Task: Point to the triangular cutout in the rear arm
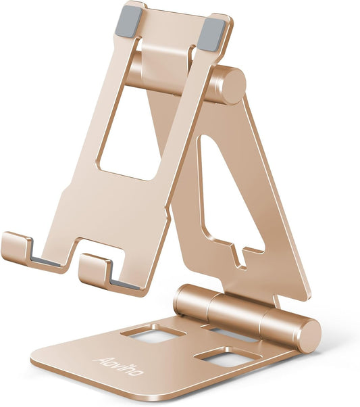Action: [226, 196]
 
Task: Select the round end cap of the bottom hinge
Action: [307, 334]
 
